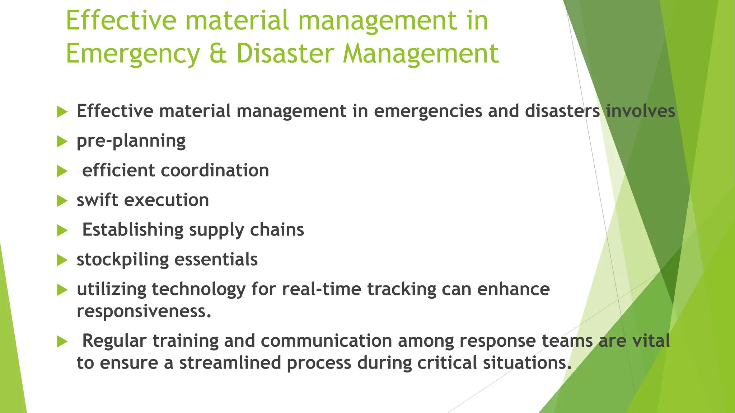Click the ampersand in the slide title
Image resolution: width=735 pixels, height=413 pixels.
[217, 53]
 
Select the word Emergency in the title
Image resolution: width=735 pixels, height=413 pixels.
[133, 54]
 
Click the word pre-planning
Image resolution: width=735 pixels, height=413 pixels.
[131, 141]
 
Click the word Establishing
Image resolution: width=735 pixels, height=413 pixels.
[133, 230]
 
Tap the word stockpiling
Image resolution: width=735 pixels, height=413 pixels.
[122, 260]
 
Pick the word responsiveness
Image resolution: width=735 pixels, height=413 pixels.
[144, 311]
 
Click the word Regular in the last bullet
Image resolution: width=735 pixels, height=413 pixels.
[114, 341]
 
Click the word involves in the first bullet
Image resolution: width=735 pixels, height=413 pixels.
[640, 111]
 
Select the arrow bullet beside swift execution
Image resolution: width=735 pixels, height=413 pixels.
[62, 201]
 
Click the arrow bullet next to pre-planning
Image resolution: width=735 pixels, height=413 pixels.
[62, 142]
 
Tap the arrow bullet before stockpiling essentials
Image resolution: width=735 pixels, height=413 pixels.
[62, 260]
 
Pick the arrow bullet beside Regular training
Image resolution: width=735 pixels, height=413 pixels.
[62, 342]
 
